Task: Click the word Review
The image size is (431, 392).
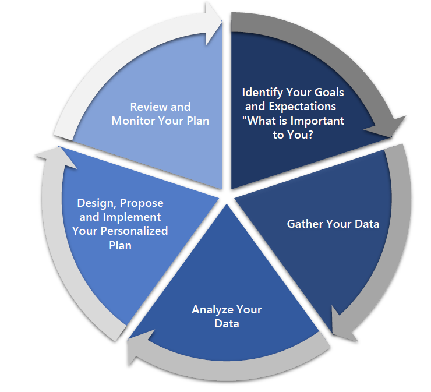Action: click(150, 107)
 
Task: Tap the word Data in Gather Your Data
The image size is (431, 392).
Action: click(367, 224)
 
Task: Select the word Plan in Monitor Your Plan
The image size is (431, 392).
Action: click(197, 121)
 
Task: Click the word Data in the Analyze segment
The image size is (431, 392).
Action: click(227, 323)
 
